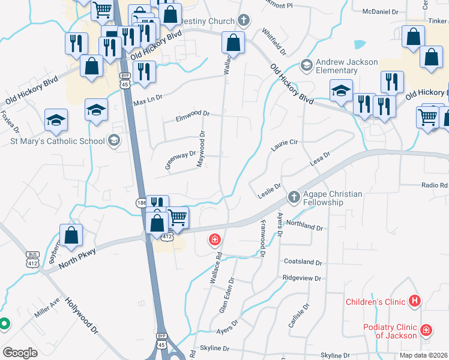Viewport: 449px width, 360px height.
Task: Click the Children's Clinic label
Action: coord(375,301)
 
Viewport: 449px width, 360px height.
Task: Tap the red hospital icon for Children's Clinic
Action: coord(414,301)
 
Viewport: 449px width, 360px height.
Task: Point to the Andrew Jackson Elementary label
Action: coord(347,66)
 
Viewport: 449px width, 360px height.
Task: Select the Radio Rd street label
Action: coord(434,185)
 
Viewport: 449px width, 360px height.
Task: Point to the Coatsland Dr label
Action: coord(303,262)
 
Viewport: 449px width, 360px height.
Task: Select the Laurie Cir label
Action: coord(284,145)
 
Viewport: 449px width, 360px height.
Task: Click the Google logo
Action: coord(20,353)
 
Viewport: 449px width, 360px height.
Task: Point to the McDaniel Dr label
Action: coord(381,11)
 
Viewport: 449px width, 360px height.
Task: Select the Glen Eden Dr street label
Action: coord(226,295)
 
